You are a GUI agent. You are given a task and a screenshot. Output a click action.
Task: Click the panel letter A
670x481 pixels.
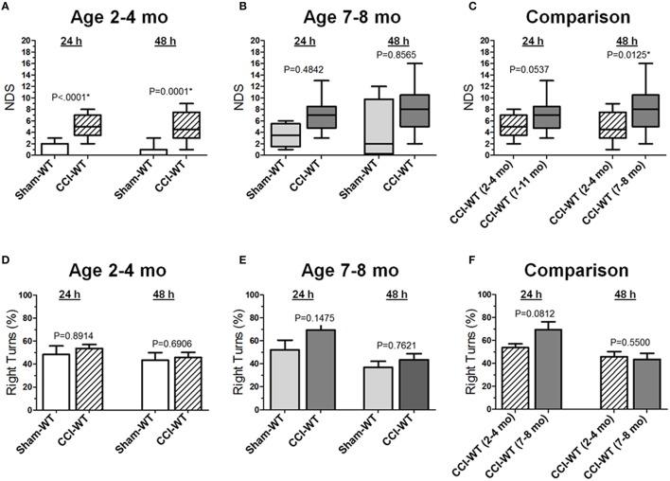(x=7, y=7)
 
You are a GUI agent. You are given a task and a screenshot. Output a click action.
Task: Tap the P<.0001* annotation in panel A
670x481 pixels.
(x=75, y=97)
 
